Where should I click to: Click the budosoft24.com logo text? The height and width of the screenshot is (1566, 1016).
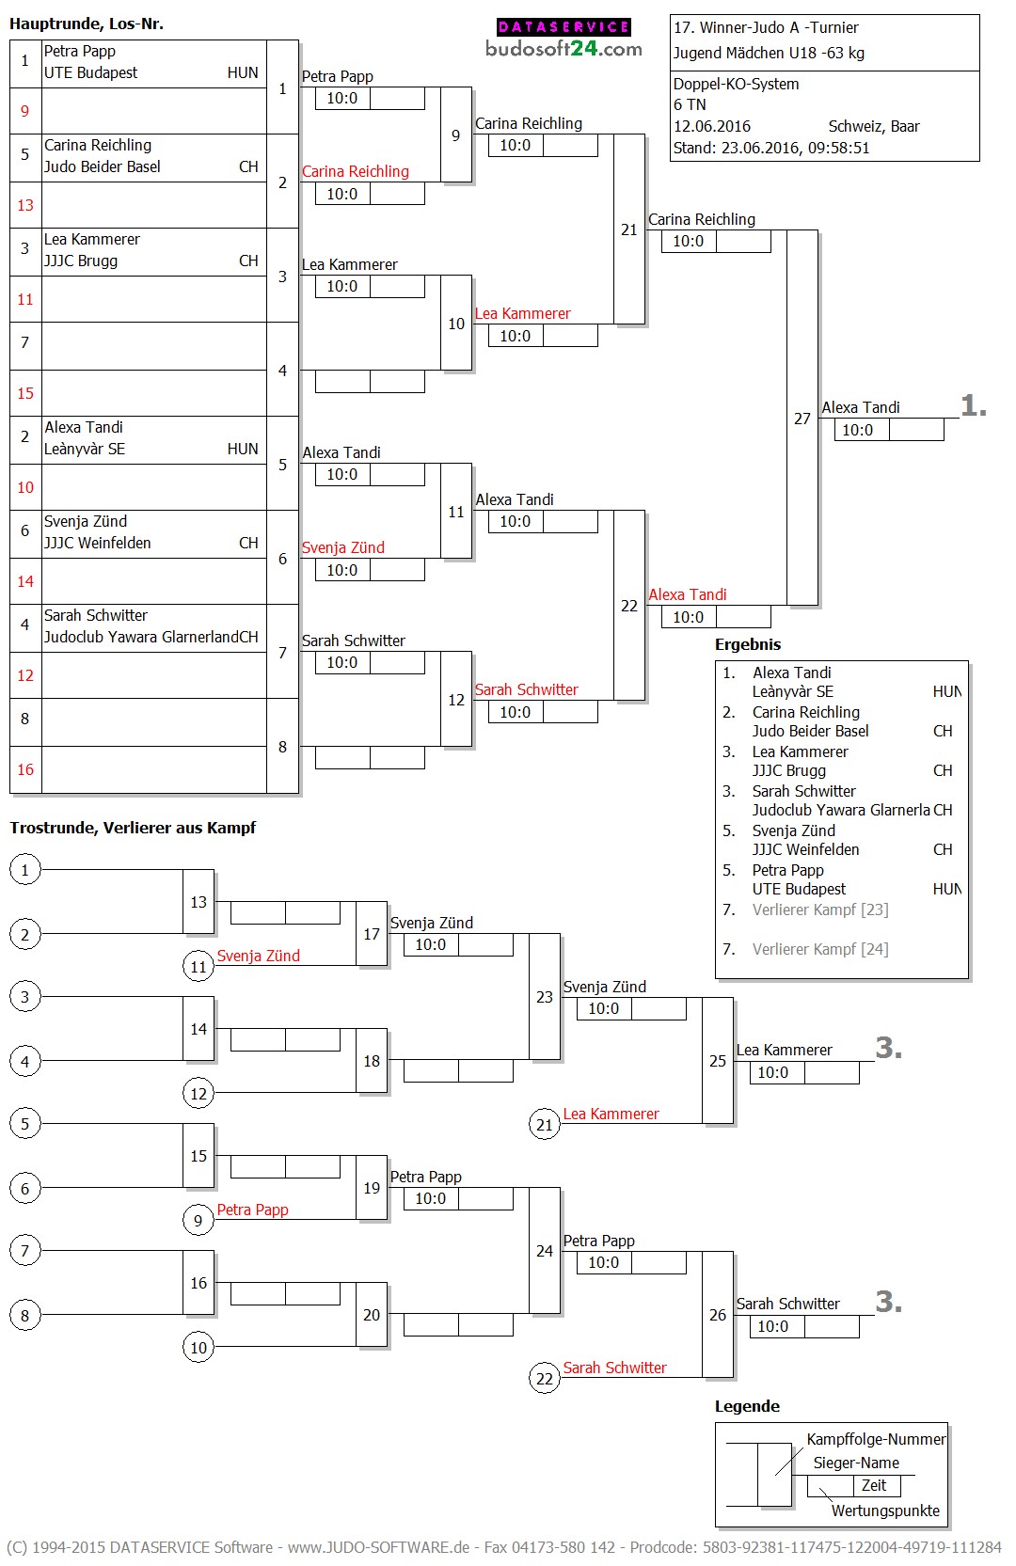coord(564,49)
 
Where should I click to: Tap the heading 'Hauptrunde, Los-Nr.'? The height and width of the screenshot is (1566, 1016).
coord(87,24)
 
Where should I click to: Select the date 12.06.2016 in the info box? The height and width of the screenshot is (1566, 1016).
coord(711,126)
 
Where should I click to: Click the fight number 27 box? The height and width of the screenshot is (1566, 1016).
coord(802,419)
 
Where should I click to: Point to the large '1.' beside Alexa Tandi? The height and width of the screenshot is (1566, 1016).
coord(973,406)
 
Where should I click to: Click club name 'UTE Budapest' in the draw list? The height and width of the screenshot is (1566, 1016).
coord(90,72)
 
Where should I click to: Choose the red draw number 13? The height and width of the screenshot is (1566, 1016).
coord(25,205)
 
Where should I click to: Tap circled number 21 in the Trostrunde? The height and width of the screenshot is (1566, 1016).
coord(544,1125)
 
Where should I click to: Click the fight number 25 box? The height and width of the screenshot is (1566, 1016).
coord(717,1061)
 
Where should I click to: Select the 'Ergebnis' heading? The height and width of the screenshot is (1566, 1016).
coord(747,644)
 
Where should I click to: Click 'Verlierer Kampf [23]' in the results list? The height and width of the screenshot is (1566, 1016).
coord(819,910)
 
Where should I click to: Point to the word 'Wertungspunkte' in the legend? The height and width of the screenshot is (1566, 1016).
coord(884,1511)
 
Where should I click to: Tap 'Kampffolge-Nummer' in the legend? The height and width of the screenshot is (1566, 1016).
coord(876,1439)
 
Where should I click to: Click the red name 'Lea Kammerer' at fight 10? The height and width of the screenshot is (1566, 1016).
coord(522,313)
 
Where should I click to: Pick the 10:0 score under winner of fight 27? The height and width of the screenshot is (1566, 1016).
coord(857,430)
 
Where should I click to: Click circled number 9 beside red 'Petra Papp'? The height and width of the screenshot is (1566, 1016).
coord(198,1221)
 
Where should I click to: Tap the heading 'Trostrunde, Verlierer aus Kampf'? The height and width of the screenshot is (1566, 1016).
coord(133,828)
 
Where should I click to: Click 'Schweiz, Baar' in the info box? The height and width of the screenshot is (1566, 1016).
coord(873,126)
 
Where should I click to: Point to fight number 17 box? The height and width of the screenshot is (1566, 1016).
coord(372,934)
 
